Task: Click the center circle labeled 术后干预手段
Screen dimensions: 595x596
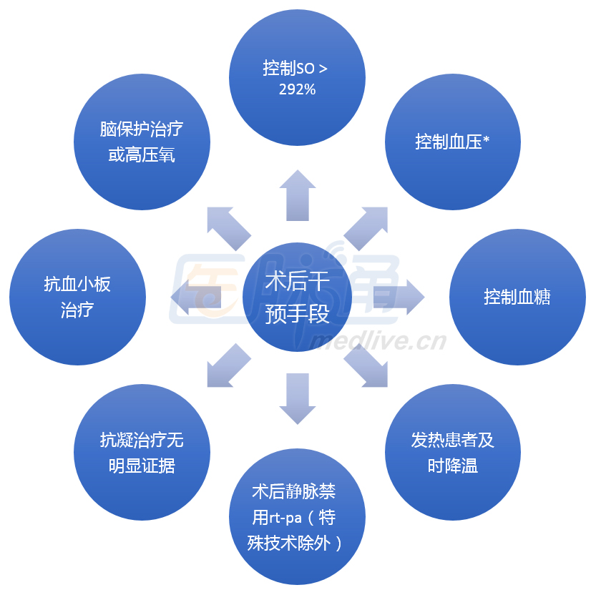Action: [x=297, y=296]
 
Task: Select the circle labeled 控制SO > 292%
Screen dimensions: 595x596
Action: [x=297, y=79]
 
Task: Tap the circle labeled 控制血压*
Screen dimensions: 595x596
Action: [x=452, y=142]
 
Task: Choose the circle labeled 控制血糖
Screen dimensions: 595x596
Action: [x=517, y=296]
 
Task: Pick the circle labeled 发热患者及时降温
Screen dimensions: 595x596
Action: [x=452, y=452]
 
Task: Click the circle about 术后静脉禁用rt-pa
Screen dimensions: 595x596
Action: [x=297, y=516]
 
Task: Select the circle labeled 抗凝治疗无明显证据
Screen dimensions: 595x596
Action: [x=142, y=452]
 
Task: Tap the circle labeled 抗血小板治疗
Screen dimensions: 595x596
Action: [x=77, y=296]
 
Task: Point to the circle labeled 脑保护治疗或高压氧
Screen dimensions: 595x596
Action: [x=142, y=142]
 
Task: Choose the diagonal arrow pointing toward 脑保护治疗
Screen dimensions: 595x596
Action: [x=228, y=227]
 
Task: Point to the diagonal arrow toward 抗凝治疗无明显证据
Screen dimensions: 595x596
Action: [x=228, y=366]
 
